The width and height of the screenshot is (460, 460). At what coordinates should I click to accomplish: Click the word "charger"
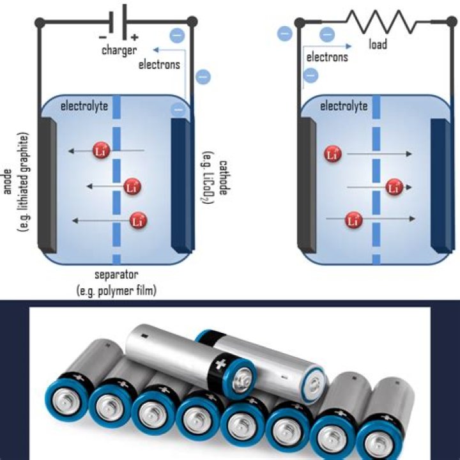click(x=119, y=50)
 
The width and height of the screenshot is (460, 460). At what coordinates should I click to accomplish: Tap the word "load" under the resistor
click(x=378, y=45)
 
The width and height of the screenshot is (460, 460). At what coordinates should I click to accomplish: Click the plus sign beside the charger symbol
click(x=134, y=38)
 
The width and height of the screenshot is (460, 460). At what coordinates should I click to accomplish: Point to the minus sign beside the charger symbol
click(x=103, y=38)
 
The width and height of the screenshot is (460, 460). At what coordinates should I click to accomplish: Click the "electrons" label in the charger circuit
click(x=159, y=64)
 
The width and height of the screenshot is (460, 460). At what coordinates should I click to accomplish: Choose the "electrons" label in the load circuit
click(x=327, y=57)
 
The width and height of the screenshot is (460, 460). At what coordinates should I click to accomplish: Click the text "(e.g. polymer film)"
click(x=116, y=291)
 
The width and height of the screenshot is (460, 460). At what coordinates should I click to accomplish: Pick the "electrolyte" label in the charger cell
click(x=85, y=105)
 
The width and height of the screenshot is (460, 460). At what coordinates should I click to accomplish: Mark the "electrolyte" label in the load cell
click(x=344, y=105)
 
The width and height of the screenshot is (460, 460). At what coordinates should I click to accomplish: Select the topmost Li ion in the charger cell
click(x=100, y=151)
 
